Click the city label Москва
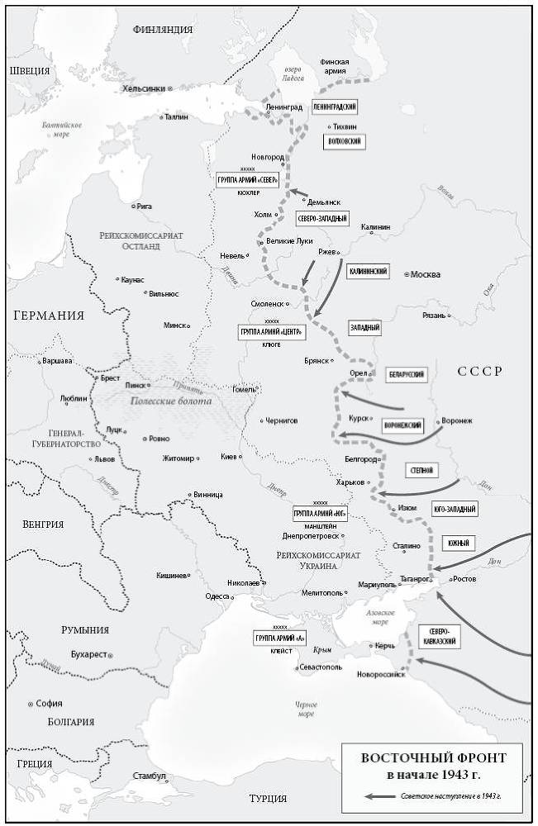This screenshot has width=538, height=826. pos(426,274)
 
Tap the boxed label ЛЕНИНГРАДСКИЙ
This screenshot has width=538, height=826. pos(335,108)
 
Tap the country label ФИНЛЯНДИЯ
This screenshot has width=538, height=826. pos(163,30)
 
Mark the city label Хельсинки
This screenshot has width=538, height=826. pos(143,88)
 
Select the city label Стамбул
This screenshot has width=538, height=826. pos(150,776)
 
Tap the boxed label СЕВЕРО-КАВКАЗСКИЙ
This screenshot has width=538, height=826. pos(438,634)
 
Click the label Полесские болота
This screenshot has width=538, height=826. pos(169,401)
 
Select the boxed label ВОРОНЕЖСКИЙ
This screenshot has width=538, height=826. pos(403,425)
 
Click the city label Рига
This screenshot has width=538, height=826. pos(143,206)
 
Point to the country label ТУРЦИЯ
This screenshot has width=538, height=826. pos(268,799)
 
